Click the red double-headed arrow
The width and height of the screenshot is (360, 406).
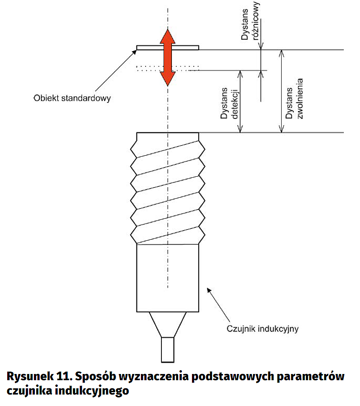tap(167, 57)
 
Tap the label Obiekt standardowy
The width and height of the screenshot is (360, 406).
tap(72, 98)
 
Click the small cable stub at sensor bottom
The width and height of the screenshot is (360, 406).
tap(168, 349)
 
